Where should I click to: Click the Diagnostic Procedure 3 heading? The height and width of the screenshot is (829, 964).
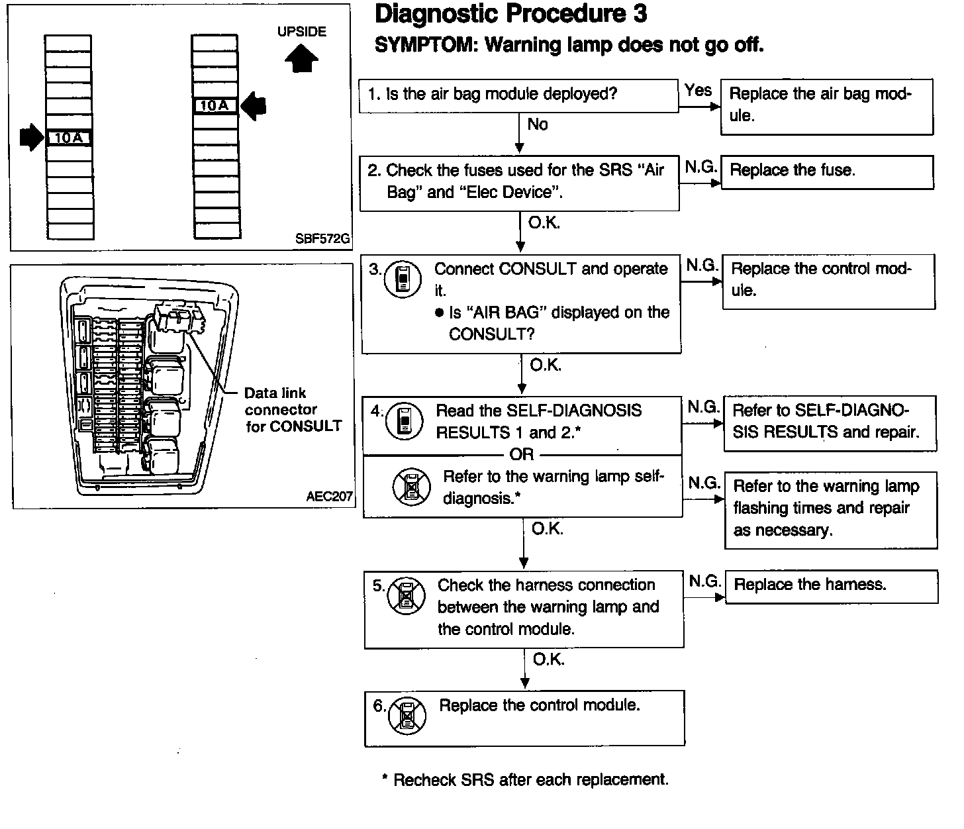pyautogui.click(x=510, y=15)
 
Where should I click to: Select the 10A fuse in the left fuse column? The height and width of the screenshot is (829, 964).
pyautogui.click(x=69, y=138)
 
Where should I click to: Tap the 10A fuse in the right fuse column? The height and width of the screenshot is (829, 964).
pyautogui.click(x=214, y=106)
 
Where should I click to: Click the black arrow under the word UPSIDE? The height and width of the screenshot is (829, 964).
pyautogui.click(x=301, y=59)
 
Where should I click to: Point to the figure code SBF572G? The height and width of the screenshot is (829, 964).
pyautogui.click(x=322, y=239)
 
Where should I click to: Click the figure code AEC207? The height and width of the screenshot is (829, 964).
pyautogui.click(x=329, y=497)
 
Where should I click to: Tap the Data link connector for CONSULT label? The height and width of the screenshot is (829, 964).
pyautogui.click(x=293, y=410)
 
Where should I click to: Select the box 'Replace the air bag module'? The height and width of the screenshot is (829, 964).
pyautogui.click(x=826, y=107)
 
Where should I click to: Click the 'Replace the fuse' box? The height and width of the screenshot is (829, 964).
pyautogui.click(x=827, y=171)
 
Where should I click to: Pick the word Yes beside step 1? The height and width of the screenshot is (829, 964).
pyautogui.click(x=699, y=91)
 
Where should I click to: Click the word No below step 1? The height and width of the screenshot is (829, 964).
pyautogui.click(x=538, y=124)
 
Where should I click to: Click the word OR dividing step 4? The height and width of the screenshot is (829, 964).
pyautogui.click(x=522, y=454)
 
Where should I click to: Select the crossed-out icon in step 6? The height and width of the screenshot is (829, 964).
pyautogui.click(x=407, y=717)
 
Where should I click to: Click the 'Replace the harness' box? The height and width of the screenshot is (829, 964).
pyautogui.click(x=832, y=586)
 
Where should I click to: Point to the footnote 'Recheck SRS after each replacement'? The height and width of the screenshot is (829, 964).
pyautogui.click(x=525, y=780)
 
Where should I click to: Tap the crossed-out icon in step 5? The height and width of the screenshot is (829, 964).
pyautogui.click(x=405, y=595)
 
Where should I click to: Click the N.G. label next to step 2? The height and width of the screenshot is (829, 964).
pyautogui.click(x=701, y=167)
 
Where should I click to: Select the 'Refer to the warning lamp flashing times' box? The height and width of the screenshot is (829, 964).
pyautogui.click(x=831, y=509)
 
